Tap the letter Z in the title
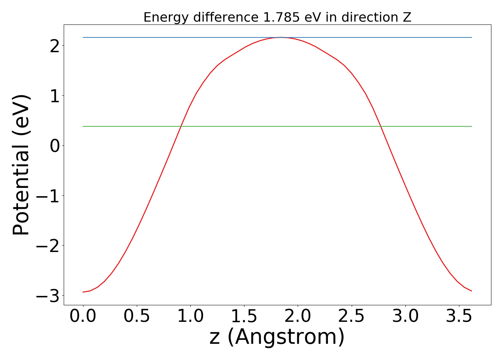(407, 17)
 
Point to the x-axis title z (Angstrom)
(277, 337)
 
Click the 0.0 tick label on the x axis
(83, 316)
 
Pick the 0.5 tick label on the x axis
(137, 316)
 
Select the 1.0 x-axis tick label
(190, 316)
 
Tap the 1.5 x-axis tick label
(244, 316)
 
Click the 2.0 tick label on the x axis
(298, 316)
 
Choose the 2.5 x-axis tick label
(351, 316)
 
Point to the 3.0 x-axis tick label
(405, 316)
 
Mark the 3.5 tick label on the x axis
(459, 316)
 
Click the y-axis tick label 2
(55, 46)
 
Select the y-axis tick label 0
(55, 146)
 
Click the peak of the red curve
(281, 37)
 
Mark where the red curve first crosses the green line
(181, 126)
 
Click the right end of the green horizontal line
(471, 126)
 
